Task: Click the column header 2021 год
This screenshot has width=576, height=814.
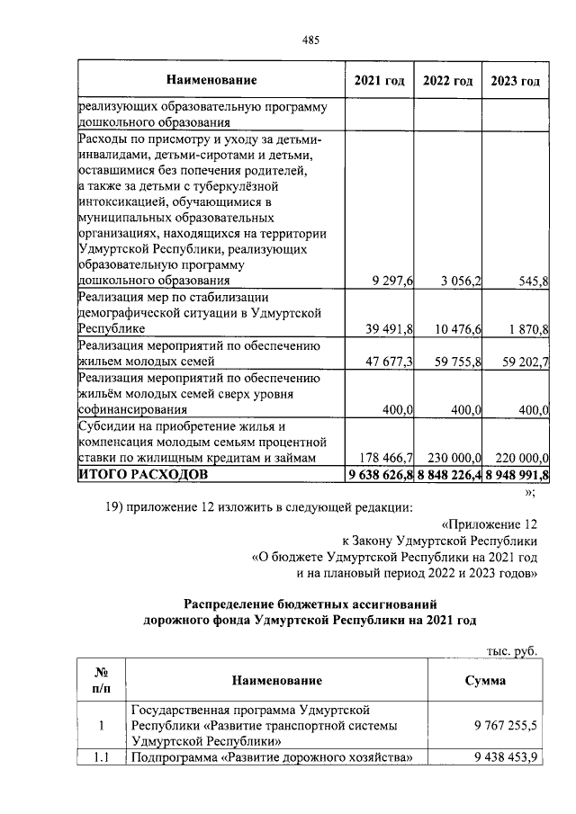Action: (381, 81)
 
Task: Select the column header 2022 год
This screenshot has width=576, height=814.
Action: (448, 81)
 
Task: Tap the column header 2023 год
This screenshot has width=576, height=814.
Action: (516, 81)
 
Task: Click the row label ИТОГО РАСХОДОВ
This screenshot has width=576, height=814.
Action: (143, 473)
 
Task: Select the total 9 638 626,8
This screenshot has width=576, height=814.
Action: (380, 473)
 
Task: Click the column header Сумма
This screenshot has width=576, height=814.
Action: (485, 681)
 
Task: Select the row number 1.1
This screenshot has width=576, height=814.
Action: (101, 757)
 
